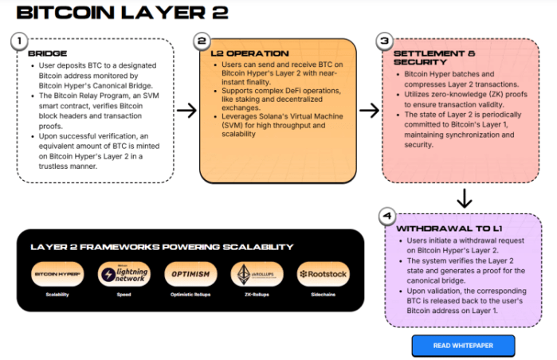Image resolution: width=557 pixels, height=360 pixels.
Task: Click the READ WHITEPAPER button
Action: [x=462, y=346]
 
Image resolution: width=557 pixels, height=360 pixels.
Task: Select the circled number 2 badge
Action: [x=202, y=40]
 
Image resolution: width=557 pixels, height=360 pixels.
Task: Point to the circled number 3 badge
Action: [x=386, y=40]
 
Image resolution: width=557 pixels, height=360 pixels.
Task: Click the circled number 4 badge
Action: [x=386, y=216]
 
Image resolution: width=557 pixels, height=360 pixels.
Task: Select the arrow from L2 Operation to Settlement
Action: [x=369, y=110]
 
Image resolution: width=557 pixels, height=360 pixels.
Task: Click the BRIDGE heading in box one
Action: [x=41, y=53]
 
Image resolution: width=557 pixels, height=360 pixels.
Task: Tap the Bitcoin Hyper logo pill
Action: [x=57, y=274]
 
